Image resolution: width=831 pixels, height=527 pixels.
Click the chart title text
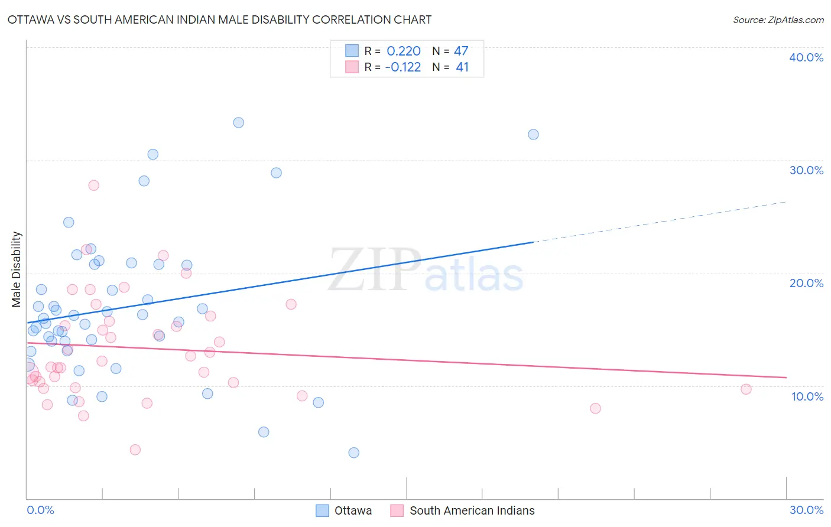point(219,19)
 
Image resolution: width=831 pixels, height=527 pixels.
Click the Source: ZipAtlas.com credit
point(778,19)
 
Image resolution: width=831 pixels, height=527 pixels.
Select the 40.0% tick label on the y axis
point(806,57)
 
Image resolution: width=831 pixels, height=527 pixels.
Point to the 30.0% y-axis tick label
point(806,170)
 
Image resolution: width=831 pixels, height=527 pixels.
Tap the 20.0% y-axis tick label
point(806,283)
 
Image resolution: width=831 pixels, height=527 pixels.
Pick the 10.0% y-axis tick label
point(806,396)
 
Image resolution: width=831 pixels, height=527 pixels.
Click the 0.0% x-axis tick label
point(40,510)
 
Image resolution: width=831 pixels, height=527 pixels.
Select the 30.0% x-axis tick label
point(806,510)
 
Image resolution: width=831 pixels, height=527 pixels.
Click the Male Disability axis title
point(17,269)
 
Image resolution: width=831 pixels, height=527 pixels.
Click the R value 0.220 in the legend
point(404,51)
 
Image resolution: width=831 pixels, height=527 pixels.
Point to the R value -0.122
point(402,67)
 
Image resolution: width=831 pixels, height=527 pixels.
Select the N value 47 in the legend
point(461,51)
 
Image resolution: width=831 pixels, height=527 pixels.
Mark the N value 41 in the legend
point(462,67)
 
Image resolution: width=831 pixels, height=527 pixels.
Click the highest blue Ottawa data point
point(238,123)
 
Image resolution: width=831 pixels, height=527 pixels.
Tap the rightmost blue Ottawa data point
point(533,134)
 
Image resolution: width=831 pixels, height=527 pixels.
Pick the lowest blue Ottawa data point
point(353,453)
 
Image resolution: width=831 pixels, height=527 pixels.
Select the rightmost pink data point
point(746,389)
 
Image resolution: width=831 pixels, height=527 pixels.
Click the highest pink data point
point(93,185)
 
